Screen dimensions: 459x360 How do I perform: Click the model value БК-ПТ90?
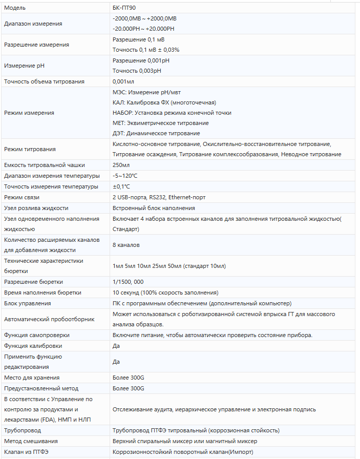124,8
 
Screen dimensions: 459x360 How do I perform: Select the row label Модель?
14,8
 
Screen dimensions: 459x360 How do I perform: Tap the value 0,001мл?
123,81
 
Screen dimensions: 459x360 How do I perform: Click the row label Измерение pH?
24,66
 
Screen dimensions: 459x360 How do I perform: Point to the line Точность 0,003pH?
137,71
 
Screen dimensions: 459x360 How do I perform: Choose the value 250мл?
121,165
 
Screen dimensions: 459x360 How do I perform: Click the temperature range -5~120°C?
125,176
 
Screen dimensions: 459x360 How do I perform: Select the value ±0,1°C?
121,186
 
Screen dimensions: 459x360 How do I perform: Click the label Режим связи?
22,197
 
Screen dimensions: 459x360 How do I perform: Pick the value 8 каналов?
126,245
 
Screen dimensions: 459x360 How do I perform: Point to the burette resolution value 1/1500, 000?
128,282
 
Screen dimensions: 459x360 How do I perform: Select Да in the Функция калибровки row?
116,346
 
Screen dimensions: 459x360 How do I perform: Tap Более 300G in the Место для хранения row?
129,378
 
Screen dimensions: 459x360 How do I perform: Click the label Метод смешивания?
31,441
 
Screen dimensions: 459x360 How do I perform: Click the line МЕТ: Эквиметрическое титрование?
160,123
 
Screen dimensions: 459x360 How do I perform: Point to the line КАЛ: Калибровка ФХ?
164,102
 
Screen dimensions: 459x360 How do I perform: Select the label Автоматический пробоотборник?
49,319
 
